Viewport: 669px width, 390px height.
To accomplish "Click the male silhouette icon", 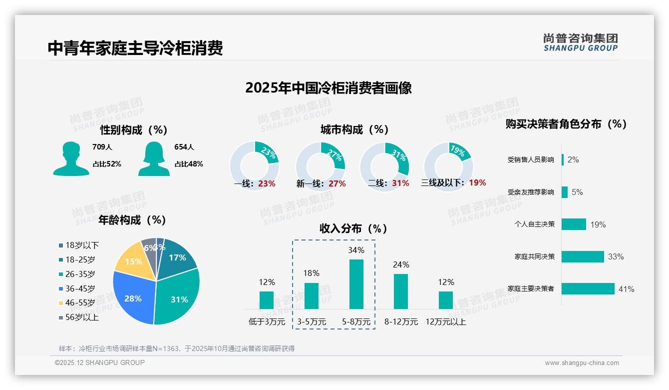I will tap(71, 158).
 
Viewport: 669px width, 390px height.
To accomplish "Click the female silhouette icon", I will tap(154, 158).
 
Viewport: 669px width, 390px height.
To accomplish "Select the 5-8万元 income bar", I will tap(356, 284).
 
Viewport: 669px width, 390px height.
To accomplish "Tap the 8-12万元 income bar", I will tap(401, 291).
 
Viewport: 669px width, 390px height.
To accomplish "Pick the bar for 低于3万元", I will tap(267, 300).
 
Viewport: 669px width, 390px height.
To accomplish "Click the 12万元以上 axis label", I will tap(446, 322).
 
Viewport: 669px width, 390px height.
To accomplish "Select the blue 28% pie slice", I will tap(132, 297).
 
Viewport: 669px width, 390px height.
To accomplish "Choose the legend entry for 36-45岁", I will tap(77, 288).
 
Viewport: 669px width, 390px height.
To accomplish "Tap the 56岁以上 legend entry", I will tap(79, 317).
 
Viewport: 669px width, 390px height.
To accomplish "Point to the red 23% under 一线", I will tap(267, 183).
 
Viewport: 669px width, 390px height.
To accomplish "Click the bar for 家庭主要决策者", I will tap(588, 288).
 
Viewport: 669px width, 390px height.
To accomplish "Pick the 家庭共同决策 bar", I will tap(583, 256).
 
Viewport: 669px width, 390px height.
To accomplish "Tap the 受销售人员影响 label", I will tap(531, 159).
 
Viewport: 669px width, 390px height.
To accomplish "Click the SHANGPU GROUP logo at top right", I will tap(581, 42).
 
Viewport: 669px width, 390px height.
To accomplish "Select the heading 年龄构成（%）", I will tap(132, 220).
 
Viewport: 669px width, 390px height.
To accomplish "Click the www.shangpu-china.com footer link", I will tap(582, 363).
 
